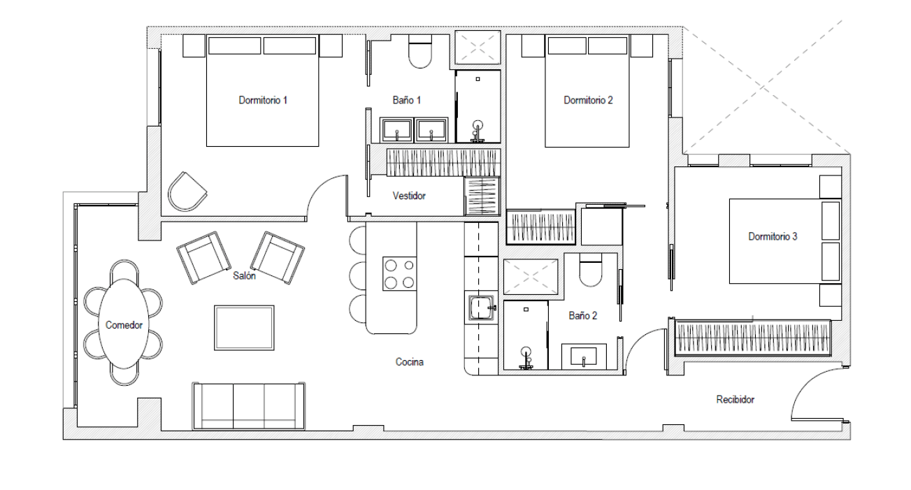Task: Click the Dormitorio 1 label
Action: pyautogui.click(x=263, y=100)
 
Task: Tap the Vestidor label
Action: pyautogui.click(x=409, y=196)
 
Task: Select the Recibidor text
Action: pyautogui.click(x=735, y=400)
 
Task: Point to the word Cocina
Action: pyautogui.click(x=409, y=362)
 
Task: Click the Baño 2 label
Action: pyautogui.click(x=582, y=315)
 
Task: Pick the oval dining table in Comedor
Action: pyautogui.click(x=124, y=324)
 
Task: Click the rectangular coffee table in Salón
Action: pyautogui.click(x=244, y=328)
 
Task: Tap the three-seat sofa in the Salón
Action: pyautogui.click(x=249, y=406)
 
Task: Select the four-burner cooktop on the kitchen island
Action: pyautogui.click(x=399, y=274)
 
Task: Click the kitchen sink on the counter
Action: pyautogui.click(x=481, y=308)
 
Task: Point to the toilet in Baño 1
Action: pyautogui.click(x=420, y=51)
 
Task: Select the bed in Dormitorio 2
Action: pyautogui.click(x=587, y=91)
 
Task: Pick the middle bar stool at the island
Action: pyautogui.click(x=357, y=276)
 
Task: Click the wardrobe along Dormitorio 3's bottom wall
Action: pyautogui.click(x=752, y=338)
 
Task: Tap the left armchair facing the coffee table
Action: pyautogui.click(x=203, y=258)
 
